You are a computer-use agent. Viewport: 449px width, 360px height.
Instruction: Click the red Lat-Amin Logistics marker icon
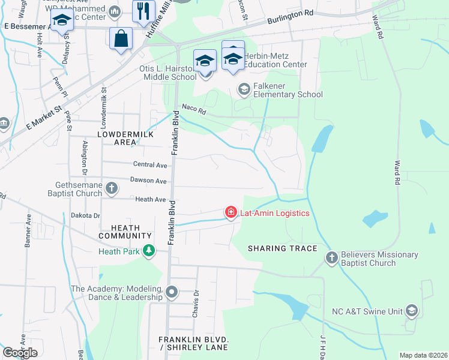point(231,212)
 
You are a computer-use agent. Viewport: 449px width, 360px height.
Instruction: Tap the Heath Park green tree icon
point(148,251)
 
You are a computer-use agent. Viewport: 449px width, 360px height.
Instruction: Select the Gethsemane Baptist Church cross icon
point(111,189)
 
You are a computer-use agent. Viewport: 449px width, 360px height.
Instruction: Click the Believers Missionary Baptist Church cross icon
point(331,258)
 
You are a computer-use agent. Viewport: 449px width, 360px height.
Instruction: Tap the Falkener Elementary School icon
point(244,89)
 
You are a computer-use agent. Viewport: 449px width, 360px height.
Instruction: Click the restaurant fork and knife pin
point(143,12)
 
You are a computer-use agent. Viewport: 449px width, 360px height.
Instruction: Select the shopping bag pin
point(121,38)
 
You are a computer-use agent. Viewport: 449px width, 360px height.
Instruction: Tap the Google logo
point(20,352)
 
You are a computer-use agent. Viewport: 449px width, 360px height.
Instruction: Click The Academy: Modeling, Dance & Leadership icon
point(172,292)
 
